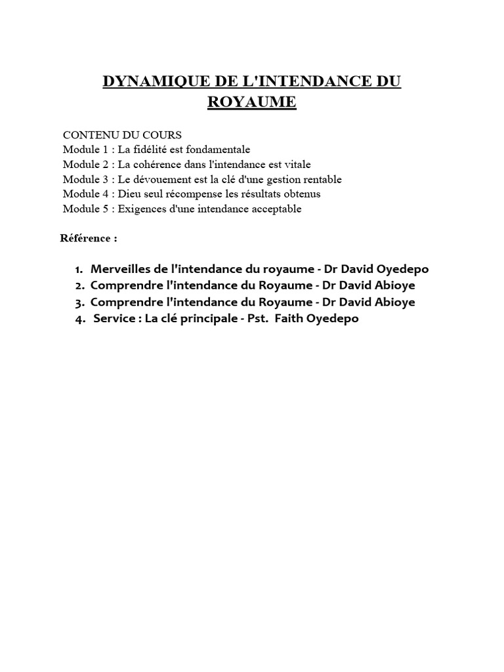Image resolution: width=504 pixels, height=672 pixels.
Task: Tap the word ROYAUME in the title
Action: (251, 103)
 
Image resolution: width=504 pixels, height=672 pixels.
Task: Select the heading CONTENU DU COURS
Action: (122, 135)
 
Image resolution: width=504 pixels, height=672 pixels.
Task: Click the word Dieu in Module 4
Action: (129, 194)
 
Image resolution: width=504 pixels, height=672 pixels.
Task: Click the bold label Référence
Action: (86, 238)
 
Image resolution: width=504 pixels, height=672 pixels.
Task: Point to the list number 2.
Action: (79, 286)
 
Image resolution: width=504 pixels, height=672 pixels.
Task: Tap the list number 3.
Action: (79, 303)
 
